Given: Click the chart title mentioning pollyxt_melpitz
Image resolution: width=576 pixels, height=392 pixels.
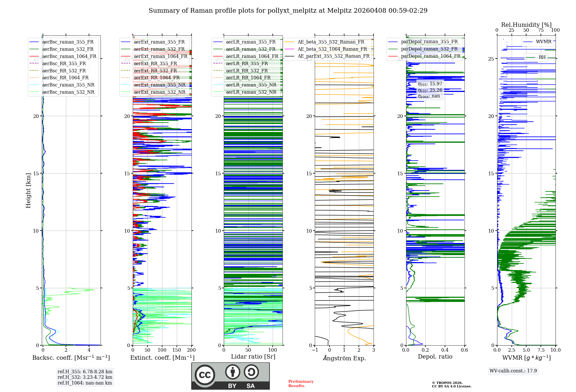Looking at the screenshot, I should click(x=288, y=11).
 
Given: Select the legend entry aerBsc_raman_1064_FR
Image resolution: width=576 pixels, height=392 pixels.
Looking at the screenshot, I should click(x=69, y=56).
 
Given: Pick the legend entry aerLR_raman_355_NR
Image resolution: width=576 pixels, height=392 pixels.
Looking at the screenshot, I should click(x=251, y=85).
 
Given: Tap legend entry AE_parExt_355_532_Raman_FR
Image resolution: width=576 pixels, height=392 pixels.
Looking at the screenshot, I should click(x=333, y=56).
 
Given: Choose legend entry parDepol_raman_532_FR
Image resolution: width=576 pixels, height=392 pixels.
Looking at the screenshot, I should click(x=429, y=49).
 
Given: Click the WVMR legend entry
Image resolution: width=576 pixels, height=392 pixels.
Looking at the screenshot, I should click(x=543, y=42).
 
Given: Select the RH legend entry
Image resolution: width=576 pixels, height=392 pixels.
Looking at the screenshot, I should click(x=542, y=57).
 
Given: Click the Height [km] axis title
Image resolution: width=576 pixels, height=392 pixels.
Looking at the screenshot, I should click(x=28, y=191).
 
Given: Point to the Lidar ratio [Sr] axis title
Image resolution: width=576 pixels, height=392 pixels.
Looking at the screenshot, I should click(x=253, y=357).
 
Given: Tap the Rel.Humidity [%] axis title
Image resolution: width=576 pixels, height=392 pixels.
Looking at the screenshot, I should click(x=526, y=25).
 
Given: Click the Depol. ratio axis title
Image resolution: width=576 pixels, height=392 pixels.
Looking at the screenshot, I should click(x=435, y=357).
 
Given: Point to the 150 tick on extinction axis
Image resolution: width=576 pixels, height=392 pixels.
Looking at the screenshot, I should click(x=177, y=350).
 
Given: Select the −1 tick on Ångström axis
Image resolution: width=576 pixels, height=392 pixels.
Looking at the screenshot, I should click(x=315, y=350).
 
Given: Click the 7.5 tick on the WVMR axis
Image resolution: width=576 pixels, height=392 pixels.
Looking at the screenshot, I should click(x=541, y=350).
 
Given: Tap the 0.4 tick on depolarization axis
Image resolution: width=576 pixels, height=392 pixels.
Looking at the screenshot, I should click(x=445, y=350).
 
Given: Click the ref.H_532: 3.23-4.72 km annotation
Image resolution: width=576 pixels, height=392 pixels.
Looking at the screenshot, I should click(x=85, y=377).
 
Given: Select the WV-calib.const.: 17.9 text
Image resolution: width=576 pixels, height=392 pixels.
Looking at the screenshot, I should click(x=513, y=371).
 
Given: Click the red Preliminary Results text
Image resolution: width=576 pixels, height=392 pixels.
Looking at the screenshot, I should click(x=301, y=384).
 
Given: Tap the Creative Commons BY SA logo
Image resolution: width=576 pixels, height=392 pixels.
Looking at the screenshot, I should click(x=230, y=376).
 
